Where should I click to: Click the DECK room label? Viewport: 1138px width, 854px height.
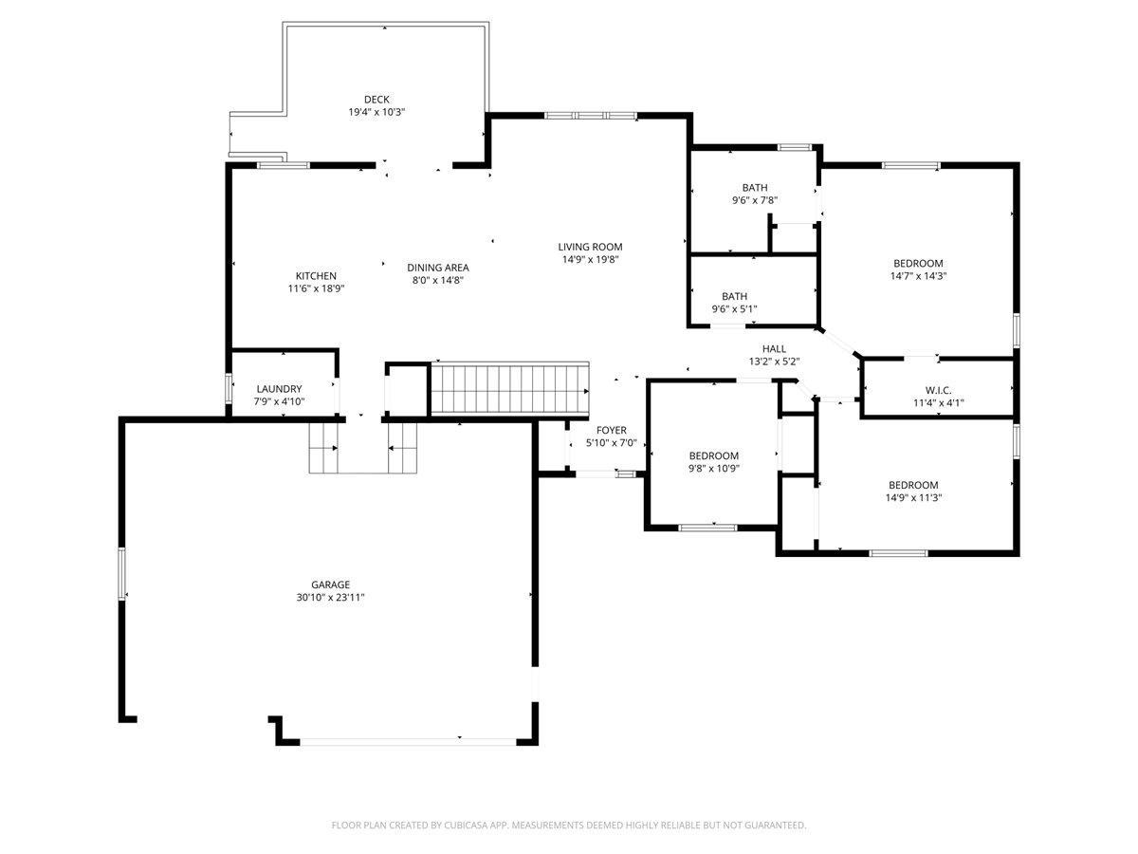pos(376,100)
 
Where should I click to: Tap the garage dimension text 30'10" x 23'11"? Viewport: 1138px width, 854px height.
pos(330,598)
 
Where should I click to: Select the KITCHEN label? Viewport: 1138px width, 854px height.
pos(316,276)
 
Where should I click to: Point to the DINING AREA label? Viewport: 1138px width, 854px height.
pos(437,268)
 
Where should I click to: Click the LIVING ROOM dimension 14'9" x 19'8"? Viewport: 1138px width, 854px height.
pos(590,259)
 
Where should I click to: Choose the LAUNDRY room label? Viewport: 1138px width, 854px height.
pos(279,389)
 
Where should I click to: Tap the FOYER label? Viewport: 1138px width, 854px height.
pos(612,430)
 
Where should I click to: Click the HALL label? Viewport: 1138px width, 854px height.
pos(774,349)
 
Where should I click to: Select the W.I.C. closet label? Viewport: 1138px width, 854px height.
pos(939,390)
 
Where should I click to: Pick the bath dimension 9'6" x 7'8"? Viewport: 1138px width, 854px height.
pos(755,200)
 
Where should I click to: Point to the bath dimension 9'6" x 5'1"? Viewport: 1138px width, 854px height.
pos(734,309)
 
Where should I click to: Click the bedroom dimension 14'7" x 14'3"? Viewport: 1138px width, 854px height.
pos(918,276)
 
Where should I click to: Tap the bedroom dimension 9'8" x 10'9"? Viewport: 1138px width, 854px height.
pos(713,468)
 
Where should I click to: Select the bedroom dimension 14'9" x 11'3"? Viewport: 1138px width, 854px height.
pos(913,498)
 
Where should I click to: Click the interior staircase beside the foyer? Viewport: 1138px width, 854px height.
pos(509,389)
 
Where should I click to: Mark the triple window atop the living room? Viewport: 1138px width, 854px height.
pos(590,116)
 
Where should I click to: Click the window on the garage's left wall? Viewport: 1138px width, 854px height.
pos(121,573)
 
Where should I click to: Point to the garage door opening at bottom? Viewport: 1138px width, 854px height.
pos(408,742)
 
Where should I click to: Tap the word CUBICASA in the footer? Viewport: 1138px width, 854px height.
pos(466,825)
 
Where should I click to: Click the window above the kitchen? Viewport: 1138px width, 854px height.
pos(284,165)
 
